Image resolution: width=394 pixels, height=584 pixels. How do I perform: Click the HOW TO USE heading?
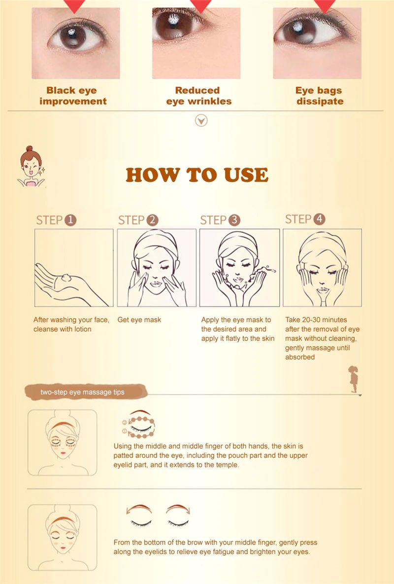pos(197,175)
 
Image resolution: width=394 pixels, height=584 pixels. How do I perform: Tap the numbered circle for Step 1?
pos(70,220)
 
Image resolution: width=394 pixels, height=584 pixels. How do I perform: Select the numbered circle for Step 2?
pos(152,220)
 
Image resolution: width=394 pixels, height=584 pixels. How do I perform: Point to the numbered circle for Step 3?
pos(234,220)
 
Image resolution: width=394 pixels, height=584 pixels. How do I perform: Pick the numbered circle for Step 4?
pos(319,219)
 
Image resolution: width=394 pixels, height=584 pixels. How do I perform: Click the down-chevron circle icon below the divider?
pos(201,121)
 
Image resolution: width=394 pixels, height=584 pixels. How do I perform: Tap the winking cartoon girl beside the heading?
pos(31,166)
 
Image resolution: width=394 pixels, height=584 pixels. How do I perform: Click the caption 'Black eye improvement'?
pos(73,96)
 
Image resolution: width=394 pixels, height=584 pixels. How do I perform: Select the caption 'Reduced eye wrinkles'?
pos(198,96)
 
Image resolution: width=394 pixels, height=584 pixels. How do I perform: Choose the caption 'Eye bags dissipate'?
pos(319,96)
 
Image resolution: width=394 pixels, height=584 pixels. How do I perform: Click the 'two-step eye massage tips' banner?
pos(86,392)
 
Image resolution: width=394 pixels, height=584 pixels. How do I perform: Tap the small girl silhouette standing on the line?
pos(354,379)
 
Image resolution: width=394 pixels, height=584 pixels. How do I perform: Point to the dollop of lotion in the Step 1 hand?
pos(66,278)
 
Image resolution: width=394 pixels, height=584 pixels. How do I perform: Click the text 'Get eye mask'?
pos(139,320)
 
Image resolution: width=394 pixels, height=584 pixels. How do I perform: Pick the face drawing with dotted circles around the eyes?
pos(63,442)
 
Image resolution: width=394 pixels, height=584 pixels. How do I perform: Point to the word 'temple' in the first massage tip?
pos(227,465)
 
